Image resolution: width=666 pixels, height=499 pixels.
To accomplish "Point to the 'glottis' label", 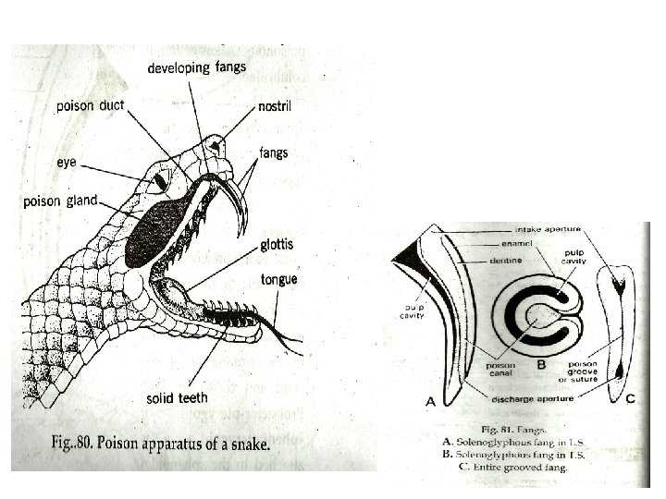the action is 277,244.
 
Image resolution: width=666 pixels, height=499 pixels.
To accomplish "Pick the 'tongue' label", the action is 277,279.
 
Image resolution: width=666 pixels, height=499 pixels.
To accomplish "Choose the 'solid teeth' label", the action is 177,398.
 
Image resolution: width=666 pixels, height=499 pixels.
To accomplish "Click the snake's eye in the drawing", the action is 160,182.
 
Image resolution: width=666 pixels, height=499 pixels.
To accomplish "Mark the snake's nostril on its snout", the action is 216,145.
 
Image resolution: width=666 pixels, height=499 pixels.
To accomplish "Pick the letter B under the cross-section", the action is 543,363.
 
